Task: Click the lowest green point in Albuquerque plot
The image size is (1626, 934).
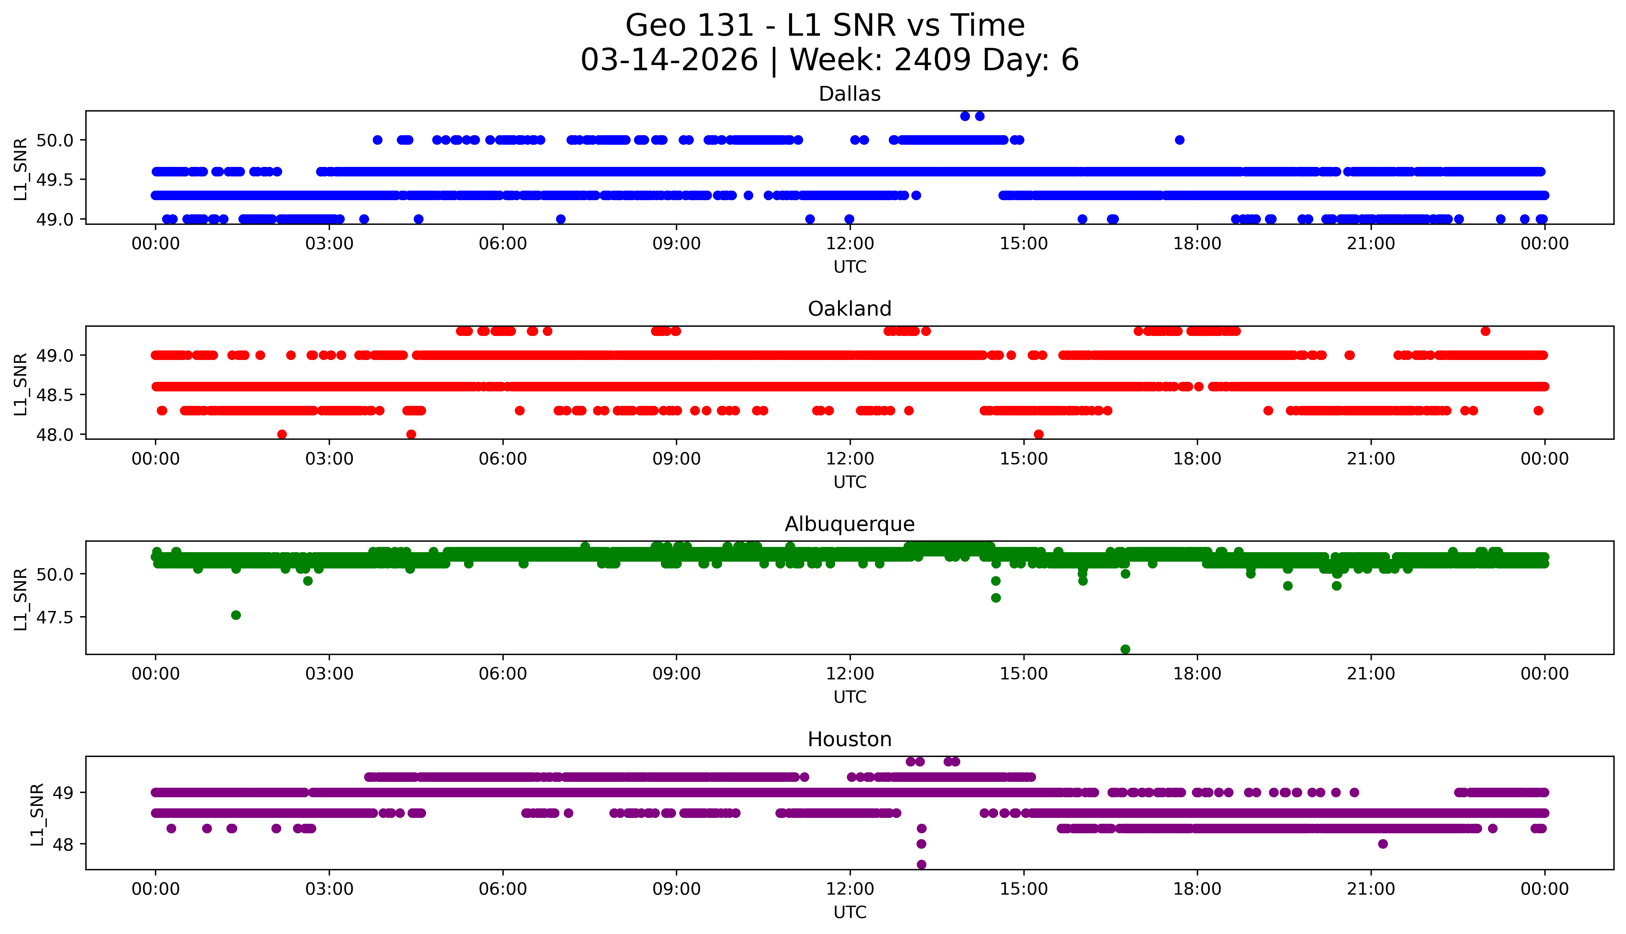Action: click(1125, 649)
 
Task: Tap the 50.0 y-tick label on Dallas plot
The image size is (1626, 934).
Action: click(55, 140)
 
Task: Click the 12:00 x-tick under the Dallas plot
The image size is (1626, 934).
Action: click(850, 244)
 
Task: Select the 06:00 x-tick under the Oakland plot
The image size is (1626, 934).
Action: click(502, 459)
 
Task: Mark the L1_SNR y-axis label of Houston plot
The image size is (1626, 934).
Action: click(37, 813)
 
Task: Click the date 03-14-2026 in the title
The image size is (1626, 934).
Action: click(669, 60)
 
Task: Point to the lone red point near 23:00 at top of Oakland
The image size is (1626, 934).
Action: click(1485, 331)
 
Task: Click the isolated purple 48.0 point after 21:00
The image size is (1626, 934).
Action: click(1383, 843)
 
